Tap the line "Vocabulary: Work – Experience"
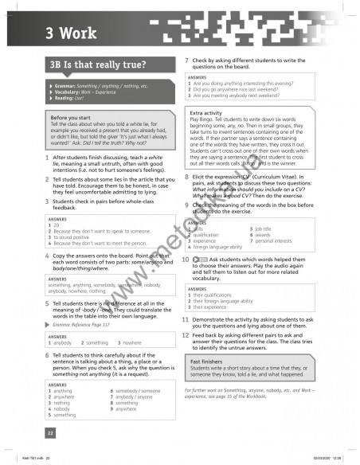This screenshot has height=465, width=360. coord(91,92)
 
